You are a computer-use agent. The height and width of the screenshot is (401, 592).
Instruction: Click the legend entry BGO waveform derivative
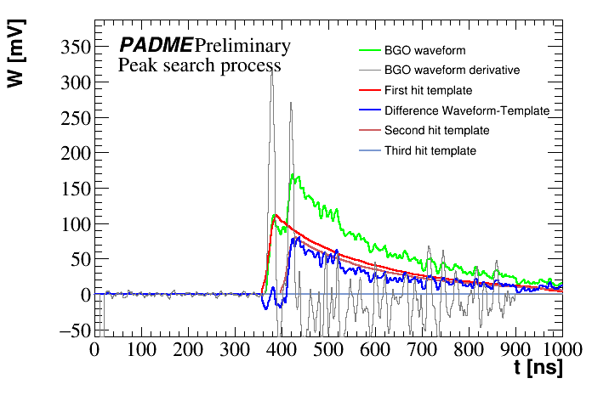pyautogui.click(x=452, y=70)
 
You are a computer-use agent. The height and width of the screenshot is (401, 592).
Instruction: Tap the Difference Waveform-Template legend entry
pyautogui.click(x=467, y=110)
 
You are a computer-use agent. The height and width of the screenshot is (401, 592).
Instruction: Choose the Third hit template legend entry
pyautogui.click(x=430, y=151)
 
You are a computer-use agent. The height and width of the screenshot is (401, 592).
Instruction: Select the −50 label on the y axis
pyautogui.click(x=69, y=330)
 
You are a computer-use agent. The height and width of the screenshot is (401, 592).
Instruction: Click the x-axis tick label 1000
pyautogui.click(x=560, y=350)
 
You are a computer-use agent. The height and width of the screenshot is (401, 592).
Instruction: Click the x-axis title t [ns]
pyautogui.click(x=538, y=370)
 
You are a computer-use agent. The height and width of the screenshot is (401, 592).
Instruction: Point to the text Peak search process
pyautogui.click(x=199, y=65)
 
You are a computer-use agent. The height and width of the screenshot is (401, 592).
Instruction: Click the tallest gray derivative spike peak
pyautogui.click(x=271, y=70)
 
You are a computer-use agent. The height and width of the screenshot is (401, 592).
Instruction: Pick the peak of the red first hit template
pyautogui.click(x=276, y=215)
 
